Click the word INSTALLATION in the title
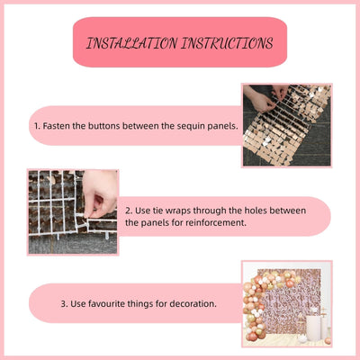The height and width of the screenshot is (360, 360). coord(131,43)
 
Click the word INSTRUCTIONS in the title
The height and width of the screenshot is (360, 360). coord(227,43)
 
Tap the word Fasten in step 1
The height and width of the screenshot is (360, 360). coord(57,126)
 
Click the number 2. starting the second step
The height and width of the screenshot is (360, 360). coord(129,211)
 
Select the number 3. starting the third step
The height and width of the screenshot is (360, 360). coord(64,303)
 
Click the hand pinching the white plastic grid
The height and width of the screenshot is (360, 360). coord(99,193)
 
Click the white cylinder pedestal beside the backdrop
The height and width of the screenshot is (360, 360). coord(313,327)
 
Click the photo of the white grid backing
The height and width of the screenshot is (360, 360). coord(73,212)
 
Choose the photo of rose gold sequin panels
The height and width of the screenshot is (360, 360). coord(287,125)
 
